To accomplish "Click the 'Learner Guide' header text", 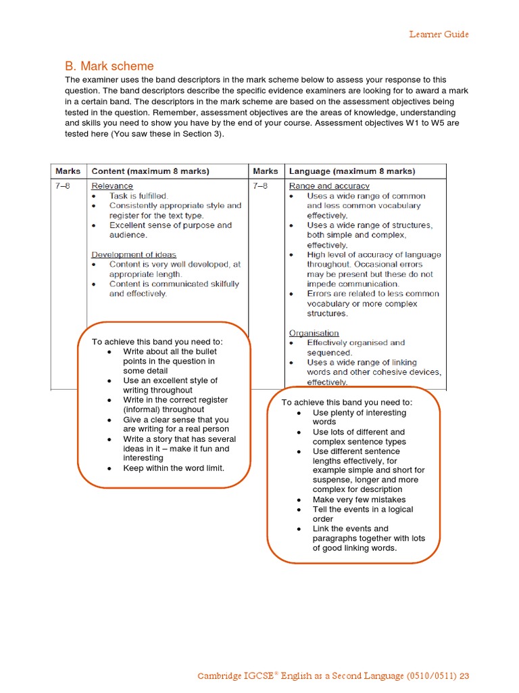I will (439, 35).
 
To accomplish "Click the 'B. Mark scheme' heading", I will (109, 66).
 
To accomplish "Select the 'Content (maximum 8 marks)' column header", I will (150, 171).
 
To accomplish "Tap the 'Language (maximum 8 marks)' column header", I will (352, 171).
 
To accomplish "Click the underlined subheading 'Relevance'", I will (112, 186).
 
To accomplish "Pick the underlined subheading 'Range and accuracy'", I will (329, 186).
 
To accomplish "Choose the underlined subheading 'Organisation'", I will (314, 333).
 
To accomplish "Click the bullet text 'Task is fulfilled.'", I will (139, 196).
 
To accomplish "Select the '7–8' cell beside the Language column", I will (260, 186).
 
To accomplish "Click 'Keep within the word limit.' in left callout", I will (173, 468).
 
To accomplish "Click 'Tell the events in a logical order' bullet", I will (362, 514).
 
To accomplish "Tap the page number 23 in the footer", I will (464, 676).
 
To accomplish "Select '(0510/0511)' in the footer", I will (430, 676).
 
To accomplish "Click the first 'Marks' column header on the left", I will (68, 171).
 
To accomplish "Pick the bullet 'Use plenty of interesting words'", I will (360, 417).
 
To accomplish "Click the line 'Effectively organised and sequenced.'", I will (355, 347).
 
